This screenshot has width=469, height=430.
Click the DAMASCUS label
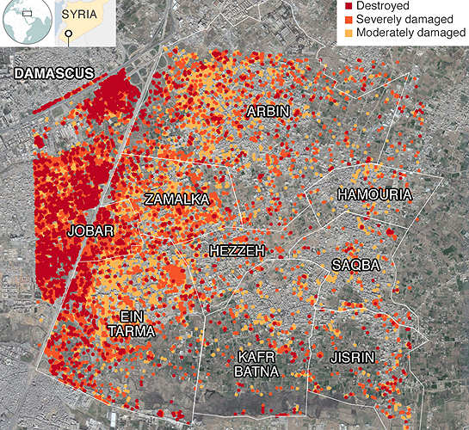(x=52, y=75)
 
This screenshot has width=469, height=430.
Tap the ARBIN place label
(x=268, y=112)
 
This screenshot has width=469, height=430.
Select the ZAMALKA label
(x=177, y=200)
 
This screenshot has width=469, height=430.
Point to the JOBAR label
(x=90, y=231)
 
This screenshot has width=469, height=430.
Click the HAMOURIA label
(x=374, y=195)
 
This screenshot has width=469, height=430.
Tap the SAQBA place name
(x=355, y=266)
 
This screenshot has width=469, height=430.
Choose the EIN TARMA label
(x=132, y=323)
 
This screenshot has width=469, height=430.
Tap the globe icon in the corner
(x=27, y=22)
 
